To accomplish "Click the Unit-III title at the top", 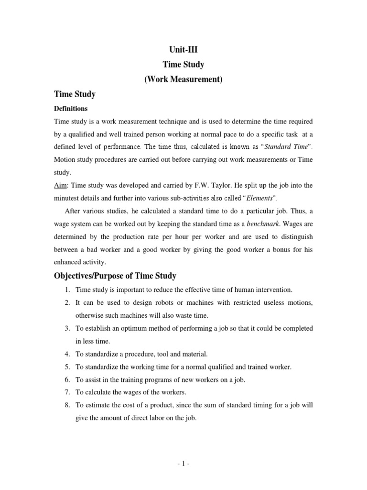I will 183,48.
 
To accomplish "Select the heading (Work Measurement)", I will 183,79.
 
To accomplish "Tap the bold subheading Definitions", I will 71,109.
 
